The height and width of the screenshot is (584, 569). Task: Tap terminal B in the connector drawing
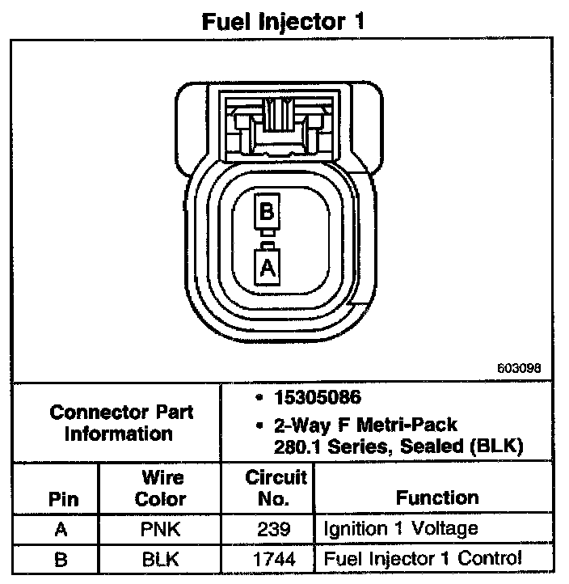coord(266,213)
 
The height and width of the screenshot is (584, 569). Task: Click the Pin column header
coord(63,498)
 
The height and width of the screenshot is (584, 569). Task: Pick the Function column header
coord(437,498)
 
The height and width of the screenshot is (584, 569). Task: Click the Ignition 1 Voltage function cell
coord(400,530)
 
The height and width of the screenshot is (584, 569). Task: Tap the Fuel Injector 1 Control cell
coord(422,558)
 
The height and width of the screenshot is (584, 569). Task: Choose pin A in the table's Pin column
coord(63,530)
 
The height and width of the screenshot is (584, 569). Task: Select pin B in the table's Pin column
coord(63,558)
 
